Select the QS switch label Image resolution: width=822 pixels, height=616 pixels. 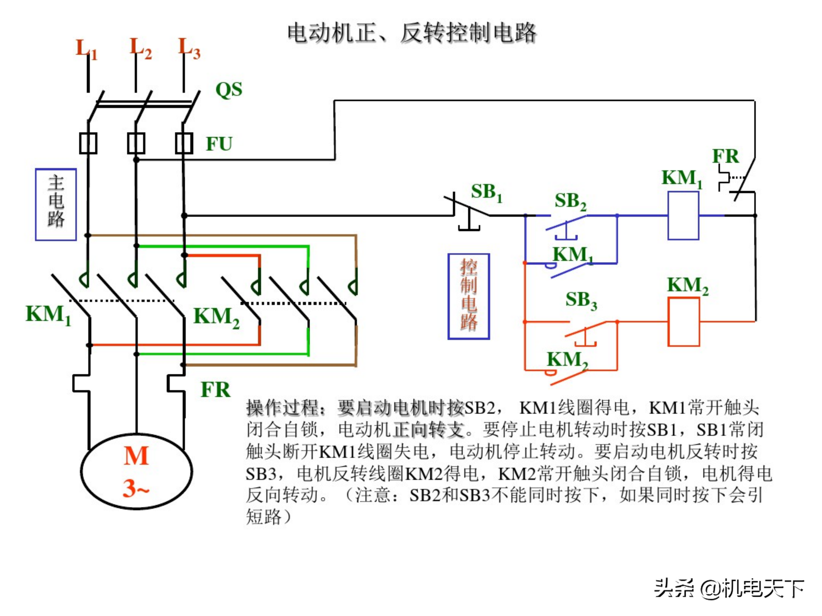[x=229, y=90]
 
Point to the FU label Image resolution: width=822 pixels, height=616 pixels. [x=219, y=144]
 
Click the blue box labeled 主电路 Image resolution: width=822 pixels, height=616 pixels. [x=56, y=204]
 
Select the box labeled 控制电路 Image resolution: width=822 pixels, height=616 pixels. [x=468, y=296]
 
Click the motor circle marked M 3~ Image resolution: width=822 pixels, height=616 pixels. [x=136, y=472]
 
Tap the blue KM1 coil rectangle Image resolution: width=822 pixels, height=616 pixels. [x=683, y=216]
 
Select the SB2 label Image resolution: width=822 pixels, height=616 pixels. [x=570, y=202]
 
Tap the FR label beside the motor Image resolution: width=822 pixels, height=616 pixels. [x=215, y=390]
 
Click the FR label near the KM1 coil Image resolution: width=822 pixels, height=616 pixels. [x=725, y=156]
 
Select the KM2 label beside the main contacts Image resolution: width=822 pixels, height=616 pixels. [x=216, y=317]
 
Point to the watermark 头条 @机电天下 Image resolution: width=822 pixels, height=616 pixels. [x=729, y=589]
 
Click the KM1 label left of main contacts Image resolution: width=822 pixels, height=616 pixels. [x=48, y=315]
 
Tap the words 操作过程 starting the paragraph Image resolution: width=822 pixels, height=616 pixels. [x=283, y=408]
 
